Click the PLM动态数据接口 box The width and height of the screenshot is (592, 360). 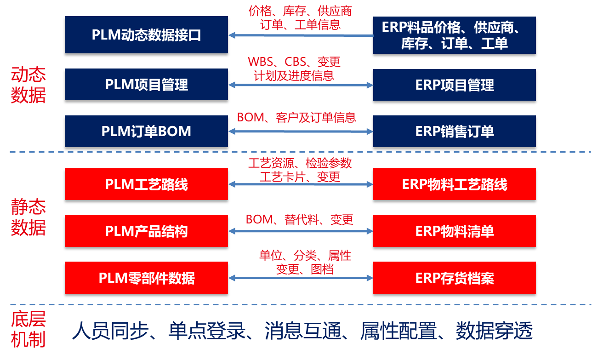(146, 35)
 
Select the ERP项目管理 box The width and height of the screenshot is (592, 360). (454, 85)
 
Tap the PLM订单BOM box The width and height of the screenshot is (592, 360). (146, 131)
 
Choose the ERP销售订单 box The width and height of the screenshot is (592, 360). (454, 131)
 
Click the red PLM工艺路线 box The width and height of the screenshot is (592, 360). (146, 184)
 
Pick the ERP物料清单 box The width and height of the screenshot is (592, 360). (454, 231)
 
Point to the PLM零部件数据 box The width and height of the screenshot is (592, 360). (146, 278)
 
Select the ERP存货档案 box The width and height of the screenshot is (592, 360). (454, 278)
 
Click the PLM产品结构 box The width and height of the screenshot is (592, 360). (146, 231)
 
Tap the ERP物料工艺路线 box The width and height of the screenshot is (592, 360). (454, 184)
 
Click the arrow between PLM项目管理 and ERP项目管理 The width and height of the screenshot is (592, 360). (301, 85)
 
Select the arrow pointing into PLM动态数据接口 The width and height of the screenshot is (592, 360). (301, 35)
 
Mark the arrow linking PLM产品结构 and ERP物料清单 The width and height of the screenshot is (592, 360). (301, 231)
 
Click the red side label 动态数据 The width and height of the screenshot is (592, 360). (28, 85)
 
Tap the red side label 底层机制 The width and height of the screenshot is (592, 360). (28, 331)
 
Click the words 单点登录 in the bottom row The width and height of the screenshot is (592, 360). (207, 331)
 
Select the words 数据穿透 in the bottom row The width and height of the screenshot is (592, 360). (494, 331)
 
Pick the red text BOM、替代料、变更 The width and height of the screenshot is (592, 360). (300, 219)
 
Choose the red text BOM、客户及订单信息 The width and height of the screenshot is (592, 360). (296, 117)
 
